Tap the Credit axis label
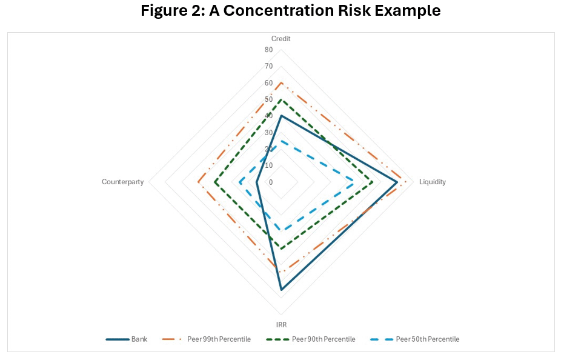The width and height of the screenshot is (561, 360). (x=280, y=39)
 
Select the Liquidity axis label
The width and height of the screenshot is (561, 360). (x=432, y=182)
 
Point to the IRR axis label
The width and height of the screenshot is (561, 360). (x=281, y=325)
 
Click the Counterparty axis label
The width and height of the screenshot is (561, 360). (x=123, y=182)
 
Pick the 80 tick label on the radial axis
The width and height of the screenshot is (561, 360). (x=268, y=50)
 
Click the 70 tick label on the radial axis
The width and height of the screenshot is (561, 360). (x=268, y=66)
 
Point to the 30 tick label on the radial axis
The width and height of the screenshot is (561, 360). (x=268, y=132)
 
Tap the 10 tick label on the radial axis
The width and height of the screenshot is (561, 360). (x=268, y=165)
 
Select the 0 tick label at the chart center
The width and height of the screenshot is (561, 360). (x=270, y=182)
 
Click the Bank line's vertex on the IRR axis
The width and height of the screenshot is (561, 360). (x=281, y=290)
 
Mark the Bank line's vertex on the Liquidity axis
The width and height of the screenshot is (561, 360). (x=397, y=182)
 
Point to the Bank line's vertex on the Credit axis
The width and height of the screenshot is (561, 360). (x=281, y=116)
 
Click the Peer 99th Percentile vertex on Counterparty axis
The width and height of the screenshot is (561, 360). (x=198, y=182)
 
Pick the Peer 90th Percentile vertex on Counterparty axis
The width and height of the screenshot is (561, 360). (x=215, y=182)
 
